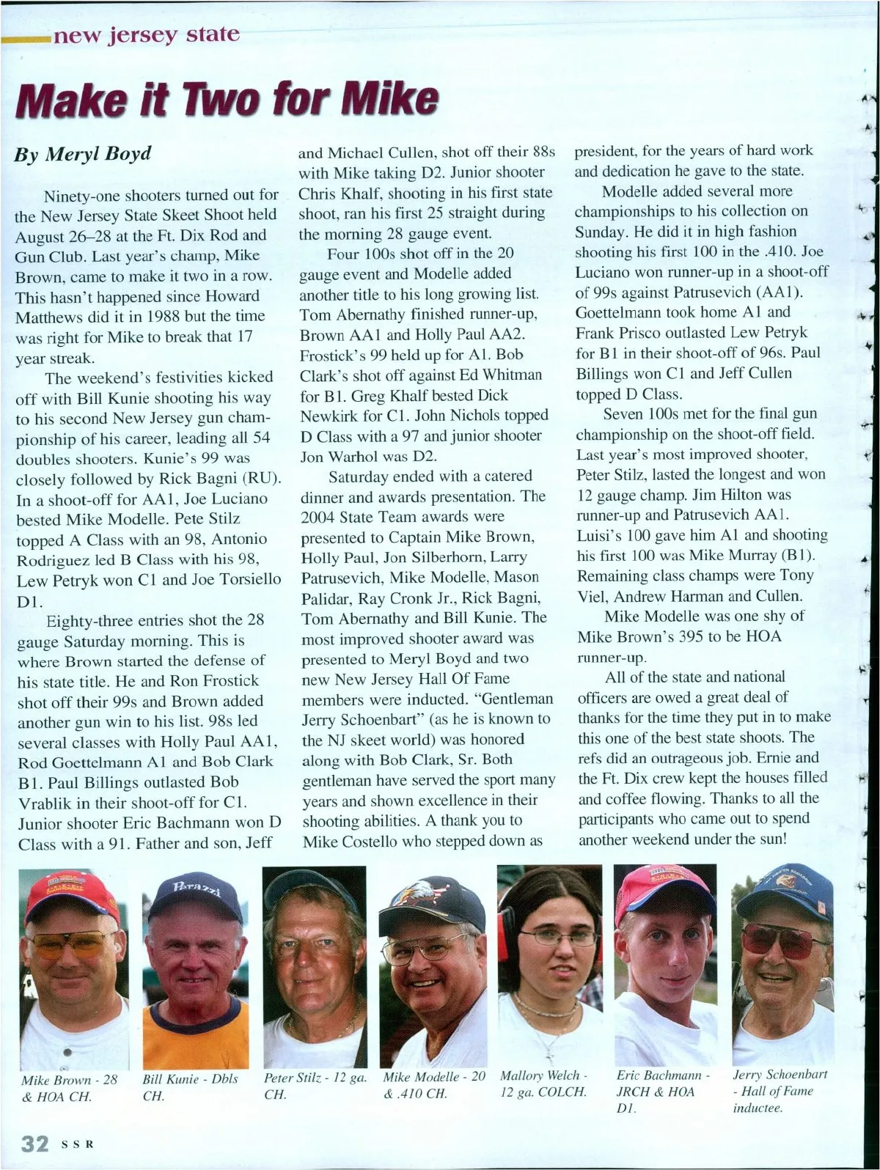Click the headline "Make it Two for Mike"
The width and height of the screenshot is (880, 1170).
coord(227,100)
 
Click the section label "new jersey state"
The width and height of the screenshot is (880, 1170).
coord(144,34)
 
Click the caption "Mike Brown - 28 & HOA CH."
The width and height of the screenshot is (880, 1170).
coord(69,1088)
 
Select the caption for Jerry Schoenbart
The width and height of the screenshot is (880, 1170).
coord(780,1091)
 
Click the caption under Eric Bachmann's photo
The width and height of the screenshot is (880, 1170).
coord(662,1091)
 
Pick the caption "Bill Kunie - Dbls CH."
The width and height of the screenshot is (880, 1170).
coord(190,1088)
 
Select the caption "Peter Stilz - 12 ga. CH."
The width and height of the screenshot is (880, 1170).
coord(315,1086)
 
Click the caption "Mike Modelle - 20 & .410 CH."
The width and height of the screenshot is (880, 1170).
coord(433,1085)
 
